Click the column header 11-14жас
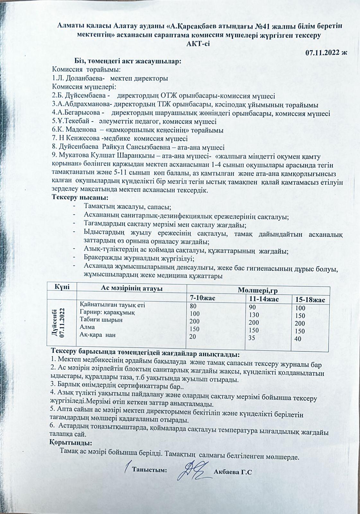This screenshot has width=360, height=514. [x=264, y=299]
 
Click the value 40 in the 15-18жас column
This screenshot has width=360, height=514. [x=298, y=339]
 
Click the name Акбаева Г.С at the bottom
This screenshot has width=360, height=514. [x=232, y=472]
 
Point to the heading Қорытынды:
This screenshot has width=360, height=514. [x=71, y=443]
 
